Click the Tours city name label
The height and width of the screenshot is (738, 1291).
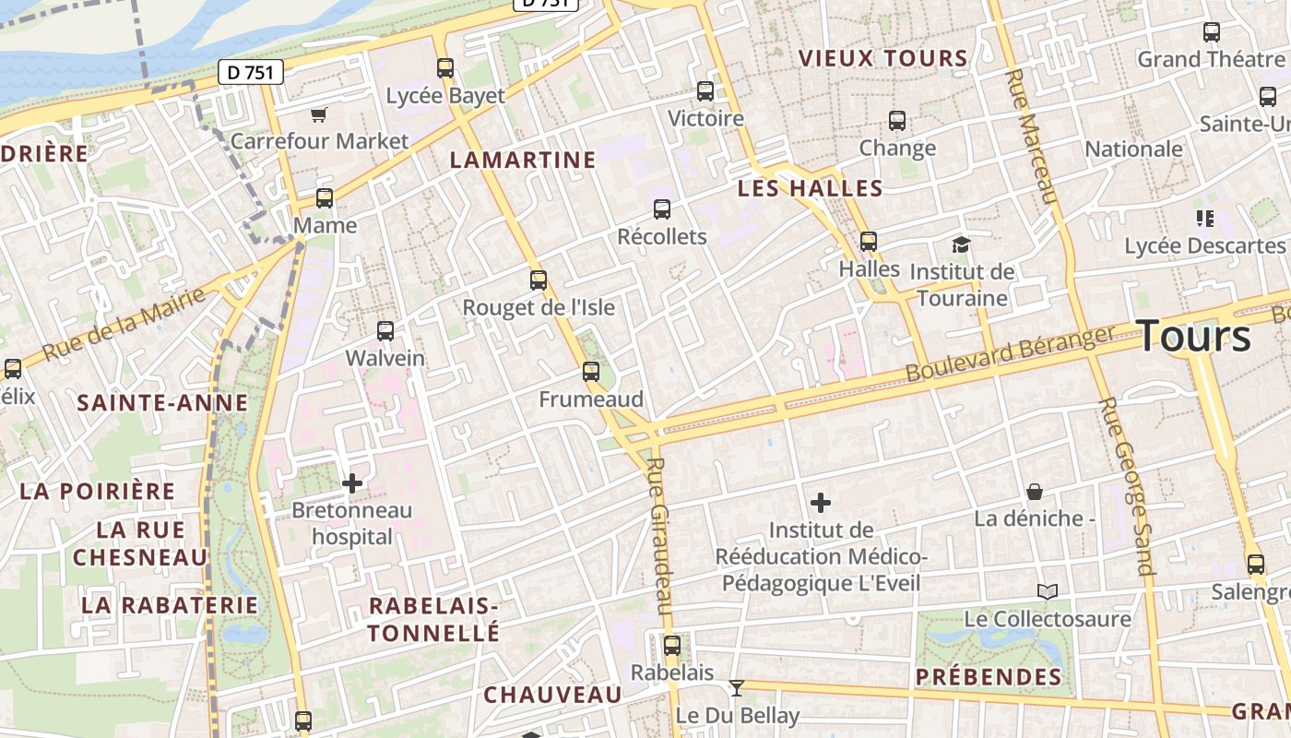(1194, 337)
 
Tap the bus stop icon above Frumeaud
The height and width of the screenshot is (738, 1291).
(591, 372)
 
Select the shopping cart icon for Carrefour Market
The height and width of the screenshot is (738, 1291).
(319, 114)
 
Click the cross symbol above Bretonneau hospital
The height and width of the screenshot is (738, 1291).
(351, 482)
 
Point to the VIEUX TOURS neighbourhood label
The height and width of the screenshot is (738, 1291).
(883, 59)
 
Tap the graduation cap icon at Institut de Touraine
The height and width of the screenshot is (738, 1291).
(962, 244)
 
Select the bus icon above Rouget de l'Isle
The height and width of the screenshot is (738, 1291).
(539, 280)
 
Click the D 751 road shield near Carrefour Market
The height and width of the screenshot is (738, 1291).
(251, 72)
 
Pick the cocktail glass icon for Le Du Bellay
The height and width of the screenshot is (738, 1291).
(736, 687)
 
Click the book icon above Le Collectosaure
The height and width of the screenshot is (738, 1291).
(1048, 591)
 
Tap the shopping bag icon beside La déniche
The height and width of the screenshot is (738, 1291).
(1035, 492)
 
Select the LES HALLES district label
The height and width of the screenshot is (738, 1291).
(811, 189)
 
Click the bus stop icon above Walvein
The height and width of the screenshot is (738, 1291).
(385, 330)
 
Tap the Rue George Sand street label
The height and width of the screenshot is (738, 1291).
(1127, 485)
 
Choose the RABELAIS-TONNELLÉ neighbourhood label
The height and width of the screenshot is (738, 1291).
(433, 619)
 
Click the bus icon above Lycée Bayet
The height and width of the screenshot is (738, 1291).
(445, 67)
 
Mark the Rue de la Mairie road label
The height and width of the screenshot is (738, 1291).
(124, 324)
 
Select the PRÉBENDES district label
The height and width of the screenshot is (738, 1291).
(989, 677)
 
